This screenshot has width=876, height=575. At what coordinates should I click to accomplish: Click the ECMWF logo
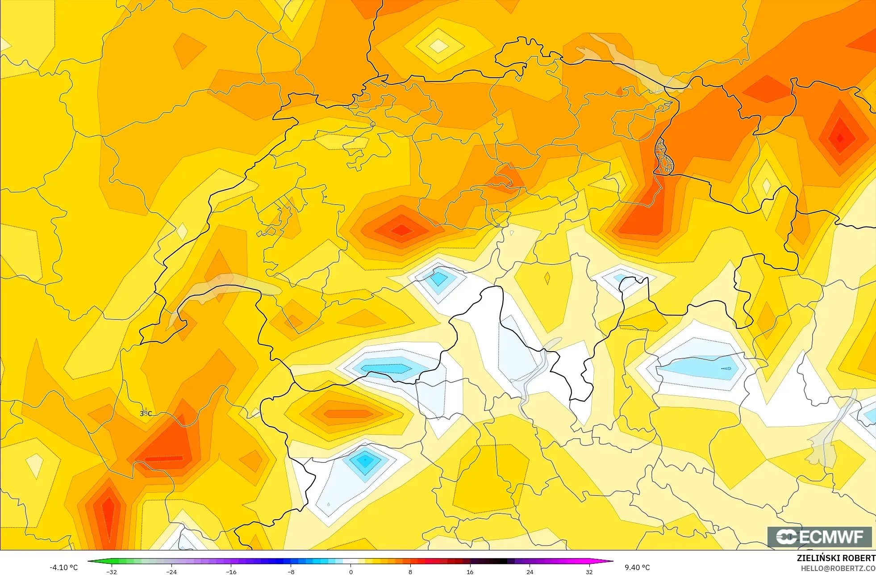tap(819, 537)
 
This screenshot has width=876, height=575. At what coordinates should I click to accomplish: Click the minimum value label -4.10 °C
tap(63, 567)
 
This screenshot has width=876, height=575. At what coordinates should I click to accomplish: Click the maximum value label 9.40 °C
tap(637, 567)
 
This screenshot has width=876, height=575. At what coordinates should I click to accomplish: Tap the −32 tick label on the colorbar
tap(112, 571)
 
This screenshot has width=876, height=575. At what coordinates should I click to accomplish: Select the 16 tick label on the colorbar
tap(470, 571)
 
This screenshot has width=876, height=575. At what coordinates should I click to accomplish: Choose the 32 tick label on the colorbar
tap(589, 571)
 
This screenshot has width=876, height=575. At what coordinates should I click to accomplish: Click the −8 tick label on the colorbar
tap(291, 571)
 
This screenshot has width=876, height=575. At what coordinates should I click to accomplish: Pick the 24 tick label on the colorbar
tap(530, 571)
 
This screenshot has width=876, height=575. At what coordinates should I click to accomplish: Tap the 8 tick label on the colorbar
tap(410, 571)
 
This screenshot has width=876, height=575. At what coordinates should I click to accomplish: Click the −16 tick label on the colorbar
tap(231, 571)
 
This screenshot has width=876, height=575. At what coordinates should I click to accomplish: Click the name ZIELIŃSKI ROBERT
tap(836, 558)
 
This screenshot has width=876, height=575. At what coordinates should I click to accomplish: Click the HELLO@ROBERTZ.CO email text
tap(838, 568)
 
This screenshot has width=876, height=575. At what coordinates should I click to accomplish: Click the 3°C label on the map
tap(146, 414)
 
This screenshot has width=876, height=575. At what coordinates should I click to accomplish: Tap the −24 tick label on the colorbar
tap(171, 571)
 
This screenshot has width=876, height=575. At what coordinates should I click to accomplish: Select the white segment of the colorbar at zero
tap(351, 561)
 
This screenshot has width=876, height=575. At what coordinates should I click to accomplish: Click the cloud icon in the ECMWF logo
tap(787, 537)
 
